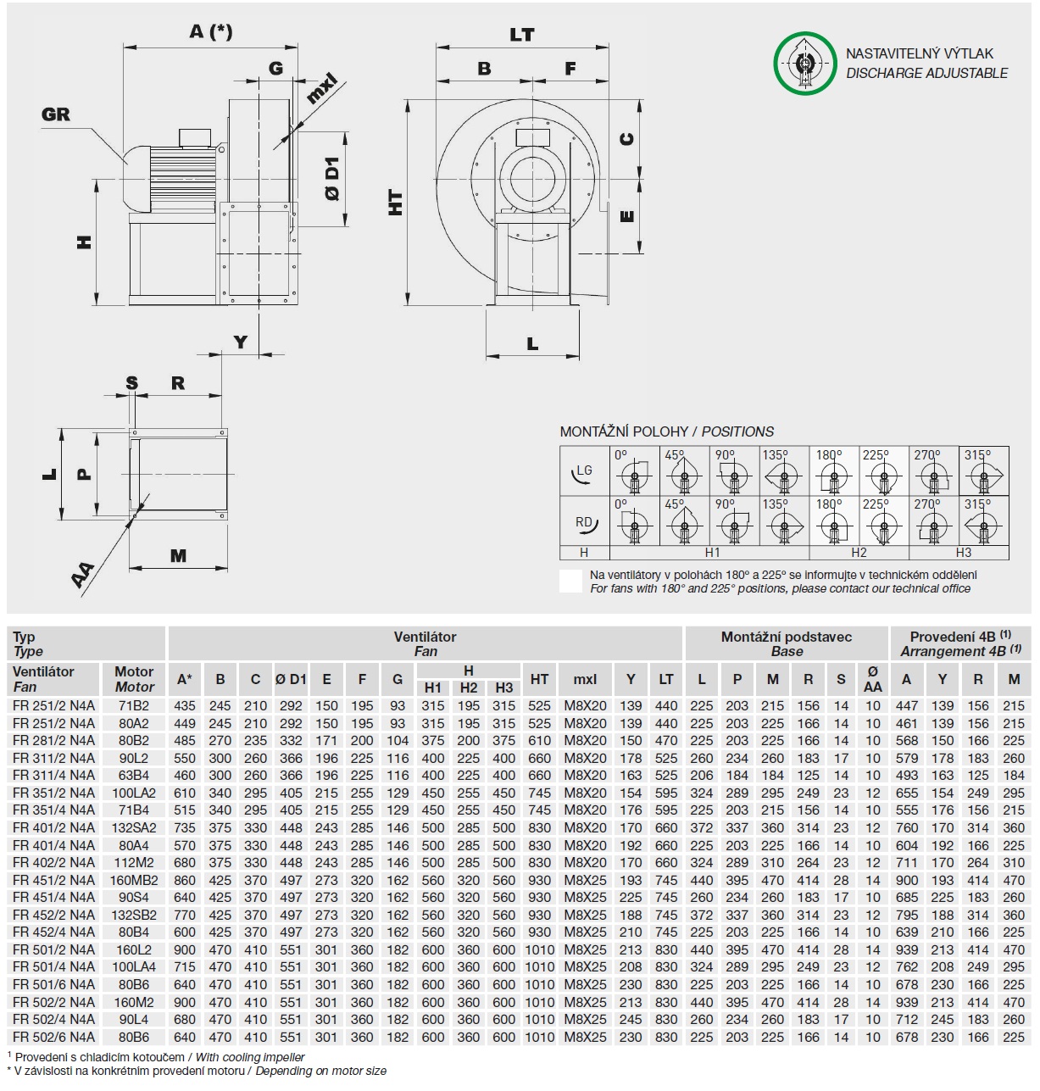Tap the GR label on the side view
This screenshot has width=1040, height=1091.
pyautogui.click(x=56, y=114)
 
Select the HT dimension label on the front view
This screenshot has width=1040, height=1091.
pyautogui.click(x=396, y=203)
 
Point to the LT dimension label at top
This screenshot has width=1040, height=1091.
pyautogui.click(x=522, y=35)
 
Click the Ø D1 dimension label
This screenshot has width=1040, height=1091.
pyautogui.click(x=332, y=179)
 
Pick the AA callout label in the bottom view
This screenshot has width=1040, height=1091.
pyautogui.click(x=82, y=576)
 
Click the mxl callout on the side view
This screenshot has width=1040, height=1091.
pyautogui.click(x=321, y=89)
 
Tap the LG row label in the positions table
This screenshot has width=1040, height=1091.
pyautogui.click(x=583, y=471)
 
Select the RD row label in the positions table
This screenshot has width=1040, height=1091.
pyautogui.click(x=584, y=522)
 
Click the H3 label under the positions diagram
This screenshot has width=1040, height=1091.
pyautogui.click(x=964, y=553)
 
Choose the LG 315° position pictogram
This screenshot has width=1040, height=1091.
pyautogui.click(x=983, y=471)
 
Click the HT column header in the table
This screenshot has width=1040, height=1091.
pyautogui.click(x=539, y=679)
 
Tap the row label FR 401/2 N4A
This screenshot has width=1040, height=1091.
pyautogui.click(x=54, y=827)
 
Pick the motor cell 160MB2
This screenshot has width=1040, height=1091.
pyautogui.click(x=134, y=880)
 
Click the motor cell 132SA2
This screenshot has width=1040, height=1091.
pyautogui.click(x=134, y=827)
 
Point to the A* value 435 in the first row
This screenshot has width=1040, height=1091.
pyautogui.click(x=184, y=705)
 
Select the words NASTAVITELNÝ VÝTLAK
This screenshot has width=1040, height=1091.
pyautogui.click(x=920, y=53)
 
